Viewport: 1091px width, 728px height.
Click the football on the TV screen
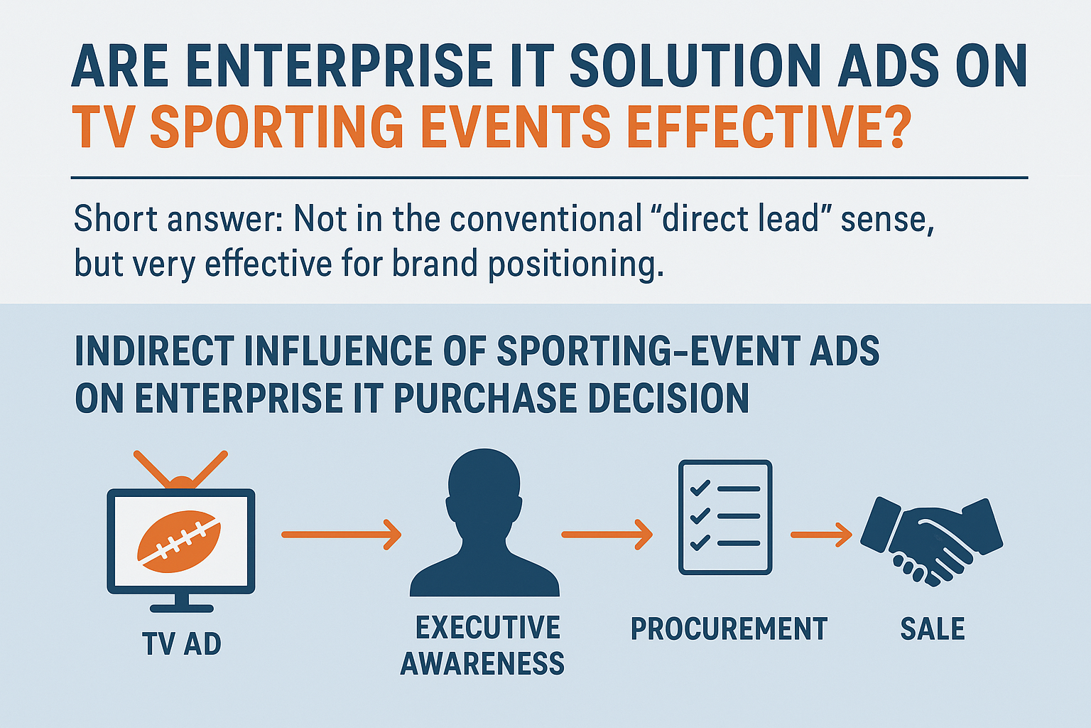179,541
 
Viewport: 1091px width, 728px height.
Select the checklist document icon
725,517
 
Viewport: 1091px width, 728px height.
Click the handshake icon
931,541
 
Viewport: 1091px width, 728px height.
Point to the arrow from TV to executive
342,535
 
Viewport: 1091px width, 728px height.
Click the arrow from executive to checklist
607,535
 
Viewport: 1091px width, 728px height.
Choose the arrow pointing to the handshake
821,535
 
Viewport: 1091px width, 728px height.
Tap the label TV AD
182,643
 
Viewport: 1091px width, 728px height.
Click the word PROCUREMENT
729,628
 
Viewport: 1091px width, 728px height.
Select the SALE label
932,628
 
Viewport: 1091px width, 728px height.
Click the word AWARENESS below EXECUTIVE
482,663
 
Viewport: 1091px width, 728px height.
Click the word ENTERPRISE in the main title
340,65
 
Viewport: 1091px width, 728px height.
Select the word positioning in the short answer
576,264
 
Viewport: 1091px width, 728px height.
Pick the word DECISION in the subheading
668,398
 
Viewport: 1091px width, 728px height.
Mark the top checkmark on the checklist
700,488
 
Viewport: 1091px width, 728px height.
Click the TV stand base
181,608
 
